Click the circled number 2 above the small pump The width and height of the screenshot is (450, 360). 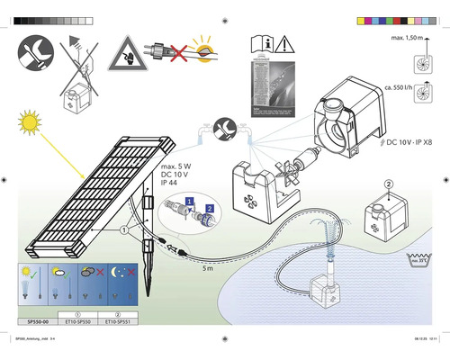(388, 184)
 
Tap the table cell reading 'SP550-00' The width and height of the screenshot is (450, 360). (34, 320)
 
